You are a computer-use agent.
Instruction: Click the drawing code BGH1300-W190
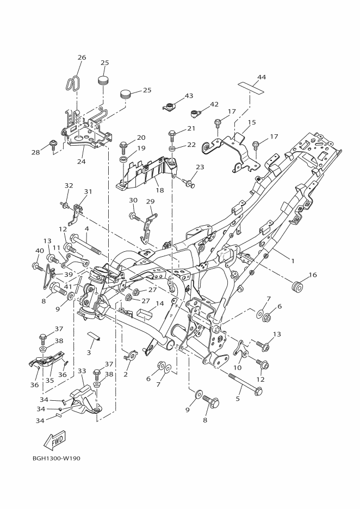[56, 458]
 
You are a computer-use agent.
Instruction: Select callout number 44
[262, 77]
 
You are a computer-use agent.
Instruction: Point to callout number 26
[82, 58]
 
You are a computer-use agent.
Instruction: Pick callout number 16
[313, 275]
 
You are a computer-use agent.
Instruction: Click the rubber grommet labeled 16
[297, 285]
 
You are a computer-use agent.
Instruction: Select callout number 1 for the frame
[293, 261]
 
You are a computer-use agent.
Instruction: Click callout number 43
[189, 96]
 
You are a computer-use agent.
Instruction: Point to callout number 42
[214, 104]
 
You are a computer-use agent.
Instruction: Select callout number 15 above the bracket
[252, 122]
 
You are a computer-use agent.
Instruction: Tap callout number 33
[82, 371]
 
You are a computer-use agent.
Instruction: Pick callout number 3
[89, 353]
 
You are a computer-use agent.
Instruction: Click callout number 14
[159, 303]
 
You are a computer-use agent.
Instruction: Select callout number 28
[36, 152]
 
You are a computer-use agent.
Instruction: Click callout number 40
[39, 251]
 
